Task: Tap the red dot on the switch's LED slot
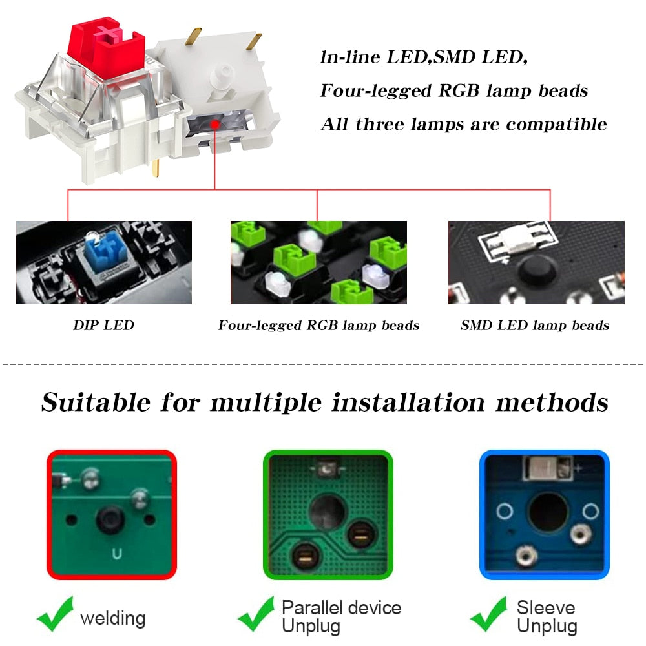pos(214,124)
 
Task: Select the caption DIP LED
pos(103,326)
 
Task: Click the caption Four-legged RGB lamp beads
pos(318,326)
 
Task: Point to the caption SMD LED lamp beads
pos(535,326)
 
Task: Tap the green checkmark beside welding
pos(56,614)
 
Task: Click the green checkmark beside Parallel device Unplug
pos(256,614)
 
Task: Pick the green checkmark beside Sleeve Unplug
pos(489,614)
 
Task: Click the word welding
pos(113,618)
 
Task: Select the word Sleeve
pos(546,608)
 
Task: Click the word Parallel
pos(312,608)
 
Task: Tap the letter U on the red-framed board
pos(116,554)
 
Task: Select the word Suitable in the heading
pos(96,402)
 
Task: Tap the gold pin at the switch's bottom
pos(156,168)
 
